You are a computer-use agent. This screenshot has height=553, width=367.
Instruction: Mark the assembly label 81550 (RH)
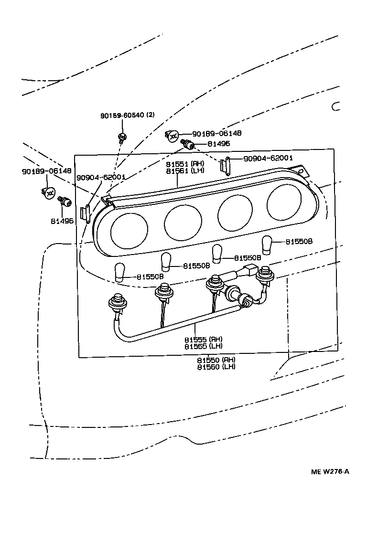point(216,360)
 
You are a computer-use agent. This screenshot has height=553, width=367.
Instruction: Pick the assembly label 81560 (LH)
point(216,367)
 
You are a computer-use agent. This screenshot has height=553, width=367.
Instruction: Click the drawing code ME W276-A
point(330,472)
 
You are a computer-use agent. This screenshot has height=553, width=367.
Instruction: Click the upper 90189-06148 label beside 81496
point(216,134)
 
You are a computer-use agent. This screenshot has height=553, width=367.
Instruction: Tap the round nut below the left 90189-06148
point(48,192)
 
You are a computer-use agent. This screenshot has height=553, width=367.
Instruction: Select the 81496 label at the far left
point(62,221)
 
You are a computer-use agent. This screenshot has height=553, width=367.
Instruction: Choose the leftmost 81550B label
point(150,276)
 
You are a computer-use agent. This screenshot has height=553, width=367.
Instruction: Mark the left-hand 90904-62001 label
point(101,177)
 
